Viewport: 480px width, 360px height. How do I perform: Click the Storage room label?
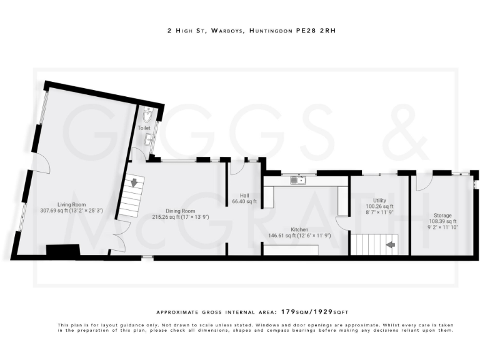pyautogui.click(x=443, y=216)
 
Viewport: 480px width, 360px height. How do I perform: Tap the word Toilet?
pyautogui.click(x=144, y=127)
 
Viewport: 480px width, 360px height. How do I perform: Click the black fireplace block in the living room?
pyautogui.click(x=62, y=251)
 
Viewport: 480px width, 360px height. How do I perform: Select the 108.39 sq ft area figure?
pyautogui.click(x=442, y=222)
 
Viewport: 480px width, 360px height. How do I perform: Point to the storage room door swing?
pyautogui.click(x=422, y=182)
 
